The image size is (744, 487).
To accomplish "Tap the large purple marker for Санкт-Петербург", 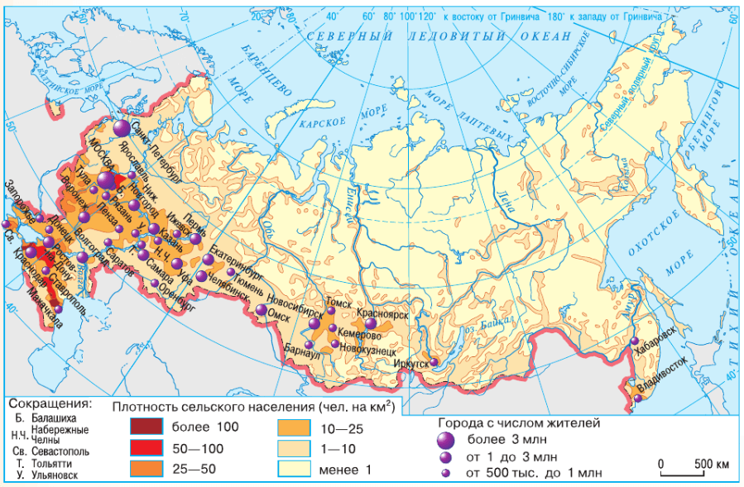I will (x=122, y=128).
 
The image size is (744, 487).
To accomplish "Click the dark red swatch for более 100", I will (x=147, y=427).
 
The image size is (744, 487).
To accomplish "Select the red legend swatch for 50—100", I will (x=147, y=450).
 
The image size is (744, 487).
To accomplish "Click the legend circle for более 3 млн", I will (x=447, y=440).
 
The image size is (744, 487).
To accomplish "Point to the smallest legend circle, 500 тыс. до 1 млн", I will (x=447, y=474).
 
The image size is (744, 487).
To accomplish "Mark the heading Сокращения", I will (x=49, y=403).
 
